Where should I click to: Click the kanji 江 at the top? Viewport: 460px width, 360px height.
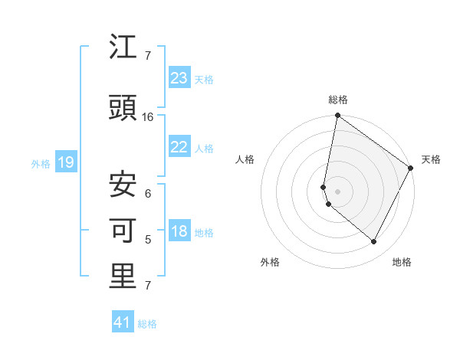(123, 49)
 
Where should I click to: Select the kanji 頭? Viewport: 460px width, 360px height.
(123, 109)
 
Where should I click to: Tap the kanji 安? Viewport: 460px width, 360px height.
(123, 183)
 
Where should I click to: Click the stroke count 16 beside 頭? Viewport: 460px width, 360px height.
(148, 117)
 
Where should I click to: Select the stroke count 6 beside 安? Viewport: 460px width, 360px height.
(148, 193)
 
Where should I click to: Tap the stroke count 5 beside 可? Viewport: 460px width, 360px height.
(148, 240)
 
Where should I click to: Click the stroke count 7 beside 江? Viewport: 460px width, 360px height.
(148, 56)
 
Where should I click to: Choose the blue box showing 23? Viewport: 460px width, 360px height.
(179, 78)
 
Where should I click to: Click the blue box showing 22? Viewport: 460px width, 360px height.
(179, 147)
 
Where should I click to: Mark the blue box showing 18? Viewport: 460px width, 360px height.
(179, 232)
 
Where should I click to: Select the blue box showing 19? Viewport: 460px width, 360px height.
(65, 162)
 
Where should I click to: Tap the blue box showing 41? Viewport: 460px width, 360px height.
(123, 322)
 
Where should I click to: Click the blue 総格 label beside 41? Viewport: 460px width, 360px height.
(148, 324)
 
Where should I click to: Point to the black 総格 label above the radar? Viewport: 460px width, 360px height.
(338, 100)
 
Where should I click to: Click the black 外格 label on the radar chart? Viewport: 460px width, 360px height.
(270, 262)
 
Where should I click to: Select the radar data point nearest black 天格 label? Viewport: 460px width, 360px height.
(411, 169)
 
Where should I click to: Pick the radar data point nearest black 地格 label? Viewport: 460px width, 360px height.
(374, 242)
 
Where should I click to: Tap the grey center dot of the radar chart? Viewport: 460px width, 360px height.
(337, 191)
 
